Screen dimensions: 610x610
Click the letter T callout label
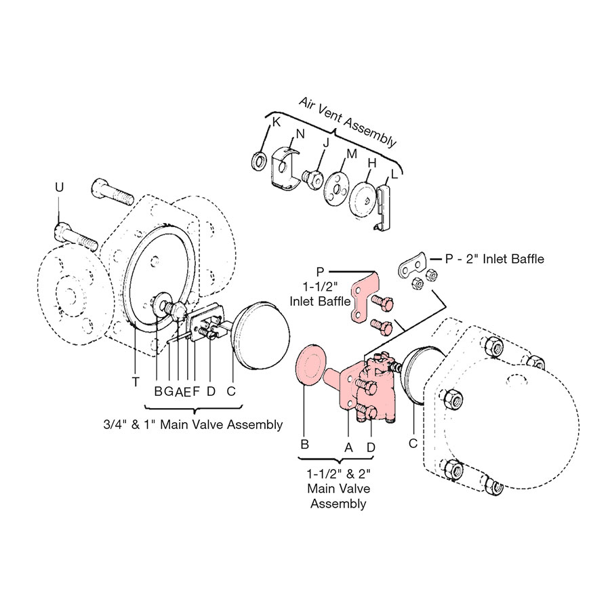[x=136, y=382]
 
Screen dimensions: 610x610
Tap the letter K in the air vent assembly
[x=276, y=122]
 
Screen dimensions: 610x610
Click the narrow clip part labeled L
[x=383, y=206]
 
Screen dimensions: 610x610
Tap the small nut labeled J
[x=312, y=178]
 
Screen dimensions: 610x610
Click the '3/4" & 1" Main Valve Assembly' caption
[x=190, y=425]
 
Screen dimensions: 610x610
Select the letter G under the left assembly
[x=168, y=391]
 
